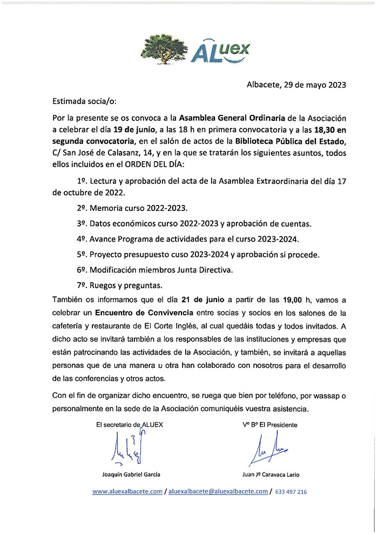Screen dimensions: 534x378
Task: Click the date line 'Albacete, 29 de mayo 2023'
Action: [296, 85]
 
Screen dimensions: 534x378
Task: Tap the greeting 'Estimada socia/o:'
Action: [84, 101]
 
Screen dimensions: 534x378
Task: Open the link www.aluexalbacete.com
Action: [127, 492]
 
